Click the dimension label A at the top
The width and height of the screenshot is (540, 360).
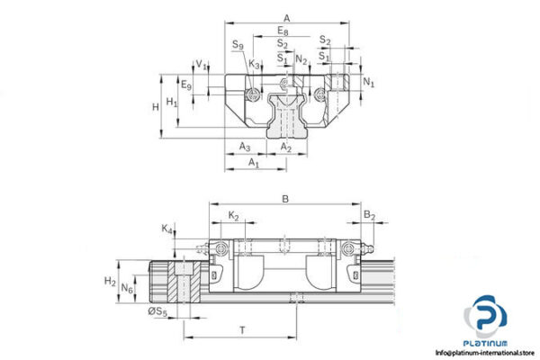pyautogui.click(x=285, y=17)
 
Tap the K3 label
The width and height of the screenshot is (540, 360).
pyautogui.click(x=255, y=64)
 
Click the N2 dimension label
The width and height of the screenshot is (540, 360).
pyautogui.click(x=301, y=60)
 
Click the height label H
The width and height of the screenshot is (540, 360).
pyautogui.click(x=156, y=106)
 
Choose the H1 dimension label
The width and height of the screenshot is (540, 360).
pyautogui.click(x=172, y=103)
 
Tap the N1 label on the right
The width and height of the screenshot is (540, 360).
pyautogui.click(x=369, y=83)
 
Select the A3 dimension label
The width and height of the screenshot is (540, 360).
pyautogui.click(x=244, y=147)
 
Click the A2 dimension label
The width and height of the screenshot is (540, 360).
pyautogui.click(x=285, y=147)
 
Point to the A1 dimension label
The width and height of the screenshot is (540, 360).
pyautogui.click(x=253, y=164)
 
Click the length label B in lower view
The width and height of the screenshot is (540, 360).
pyautogui.click(x=284, y=199)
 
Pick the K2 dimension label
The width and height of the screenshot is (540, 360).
pyautogui.click(x=233, y=215)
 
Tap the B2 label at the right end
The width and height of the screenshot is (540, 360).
pyautogui.click(x=369, y=215)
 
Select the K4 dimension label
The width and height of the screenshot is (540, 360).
pyautogui.click(x=166, y=230)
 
